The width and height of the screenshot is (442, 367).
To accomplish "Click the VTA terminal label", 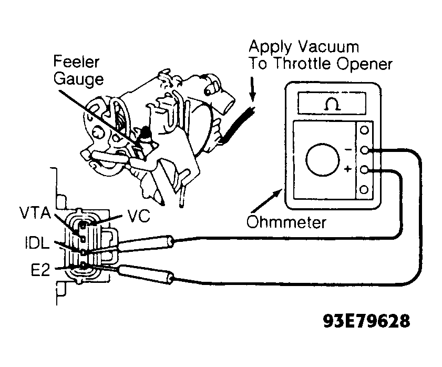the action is coord(36,213).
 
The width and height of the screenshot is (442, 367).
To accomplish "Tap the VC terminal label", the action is coord(139,216).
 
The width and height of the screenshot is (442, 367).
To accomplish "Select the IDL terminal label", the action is coord(37,243).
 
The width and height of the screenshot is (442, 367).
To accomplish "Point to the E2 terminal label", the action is coord(40,270).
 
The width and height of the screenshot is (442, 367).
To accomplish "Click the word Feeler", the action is coord(76,62).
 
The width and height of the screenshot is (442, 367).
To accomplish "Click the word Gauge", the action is coord(78,79).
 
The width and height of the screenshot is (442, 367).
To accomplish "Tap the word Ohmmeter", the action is coord(286,222).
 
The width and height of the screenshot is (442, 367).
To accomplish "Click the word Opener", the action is coord(364,64).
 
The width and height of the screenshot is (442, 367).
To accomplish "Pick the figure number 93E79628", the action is coord(366,321).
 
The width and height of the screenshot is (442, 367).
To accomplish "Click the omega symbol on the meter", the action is coord(333,104).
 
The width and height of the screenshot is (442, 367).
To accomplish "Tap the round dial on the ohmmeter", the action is coord(323,159).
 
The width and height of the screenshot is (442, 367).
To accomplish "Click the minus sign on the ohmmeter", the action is coord(348,149).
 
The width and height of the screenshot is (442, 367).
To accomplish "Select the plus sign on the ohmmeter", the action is coord(348,169).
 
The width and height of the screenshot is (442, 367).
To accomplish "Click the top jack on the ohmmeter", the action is coord(365,130).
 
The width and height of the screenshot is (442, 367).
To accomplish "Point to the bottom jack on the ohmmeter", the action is coord(364,190).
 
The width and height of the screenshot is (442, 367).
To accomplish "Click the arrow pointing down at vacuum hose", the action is coord(253,89).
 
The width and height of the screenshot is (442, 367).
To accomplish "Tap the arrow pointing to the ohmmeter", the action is coord(267,201).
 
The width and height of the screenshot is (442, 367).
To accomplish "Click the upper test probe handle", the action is coord(146,244).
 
